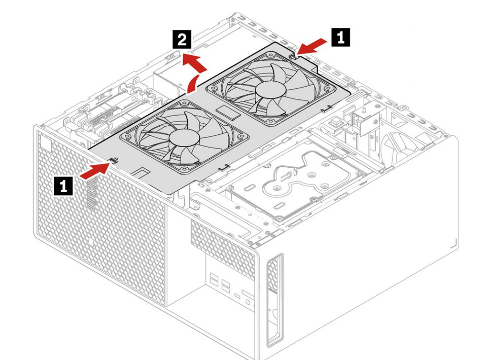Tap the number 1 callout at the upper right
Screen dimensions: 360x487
coord(340,38)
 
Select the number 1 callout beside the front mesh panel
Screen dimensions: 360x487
coord(63,186)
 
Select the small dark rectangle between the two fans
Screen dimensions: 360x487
coord(227,111)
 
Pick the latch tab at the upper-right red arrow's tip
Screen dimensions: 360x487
coord(293,55)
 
